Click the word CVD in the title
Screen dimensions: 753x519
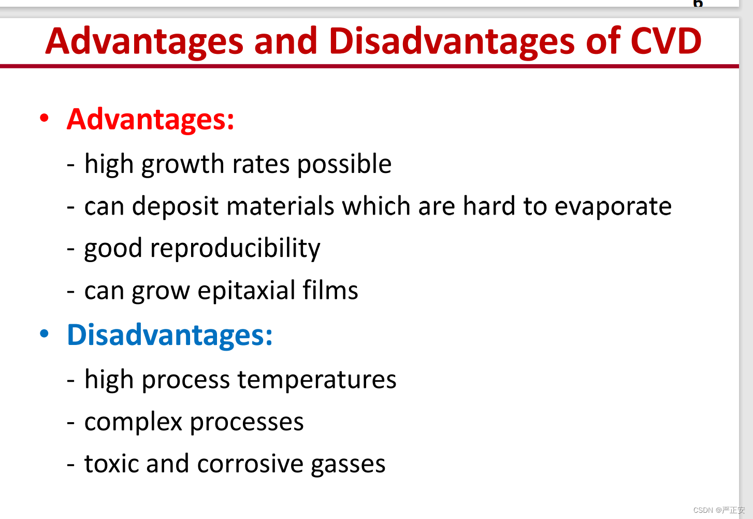point(667,41)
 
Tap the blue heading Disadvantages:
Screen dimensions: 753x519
point(170,336)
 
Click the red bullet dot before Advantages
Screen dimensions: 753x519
point(44,118)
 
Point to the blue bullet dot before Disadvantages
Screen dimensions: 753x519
point(44,334)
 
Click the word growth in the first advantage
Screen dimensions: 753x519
point(182,165)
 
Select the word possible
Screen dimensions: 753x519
point(344,165)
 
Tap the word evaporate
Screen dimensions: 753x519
point(613,207)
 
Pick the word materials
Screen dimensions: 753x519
point(280,206)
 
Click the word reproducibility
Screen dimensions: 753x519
point(235,249)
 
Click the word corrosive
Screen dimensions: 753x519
point(250,464)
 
